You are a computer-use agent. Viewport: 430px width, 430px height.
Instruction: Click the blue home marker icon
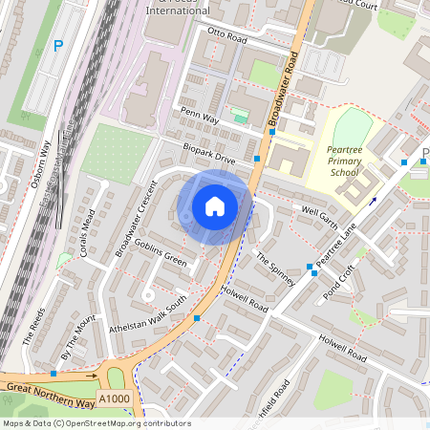pyautogui.click(x=215, y=206)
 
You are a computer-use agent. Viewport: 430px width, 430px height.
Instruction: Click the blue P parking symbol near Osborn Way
pyautogui.click(x=58, y=45)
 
